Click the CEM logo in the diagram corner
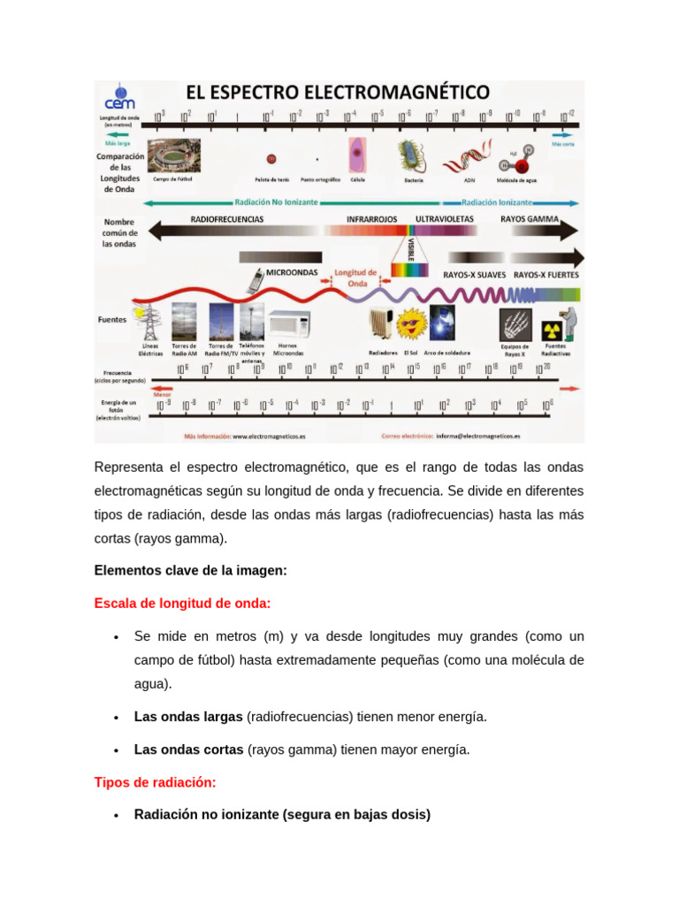(119, 98)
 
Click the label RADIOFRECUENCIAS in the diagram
(227, 218)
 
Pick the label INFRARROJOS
(371, 218)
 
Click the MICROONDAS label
(292, 273)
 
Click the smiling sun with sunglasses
(410, 324)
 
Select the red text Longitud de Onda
(355, 278)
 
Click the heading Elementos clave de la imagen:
(190, 571)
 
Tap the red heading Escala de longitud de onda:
(182, 604)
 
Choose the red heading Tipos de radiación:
(155, 782)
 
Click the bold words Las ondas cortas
(188, 749)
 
